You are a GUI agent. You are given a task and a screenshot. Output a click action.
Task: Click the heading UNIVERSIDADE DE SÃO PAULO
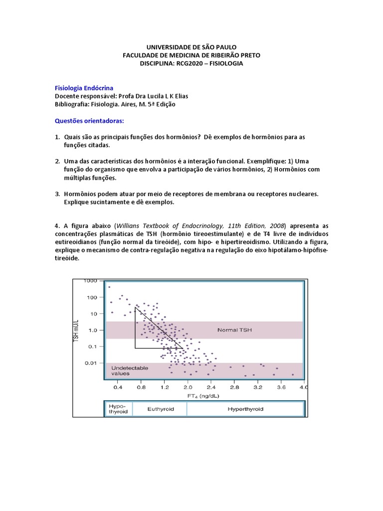coord(191,47)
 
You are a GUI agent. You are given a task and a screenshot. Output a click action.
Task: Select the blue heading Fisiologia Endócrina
coord(84,88)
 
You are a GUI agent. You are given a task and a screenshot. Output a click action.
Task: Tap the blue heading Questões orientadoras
coord(89,121)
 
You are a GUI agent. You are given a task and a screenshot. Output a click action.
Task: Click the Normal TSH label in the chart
coord(234,330)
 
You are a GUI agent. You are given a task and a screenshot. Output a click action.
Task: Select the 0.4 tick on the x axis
coord(118,387)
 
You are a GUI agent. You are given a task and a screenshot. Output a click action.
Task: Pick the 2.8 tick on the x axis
coord(234,387)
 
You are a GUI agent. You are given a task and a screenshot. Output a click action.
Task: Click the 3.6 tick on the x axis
coord(281,387)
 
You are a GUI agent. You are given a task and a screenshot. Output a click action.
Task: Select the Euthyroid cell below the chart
coord(161,409)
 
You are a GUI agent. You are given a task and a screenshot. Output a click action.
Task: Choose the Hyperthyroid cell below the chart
coord(245,409)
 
